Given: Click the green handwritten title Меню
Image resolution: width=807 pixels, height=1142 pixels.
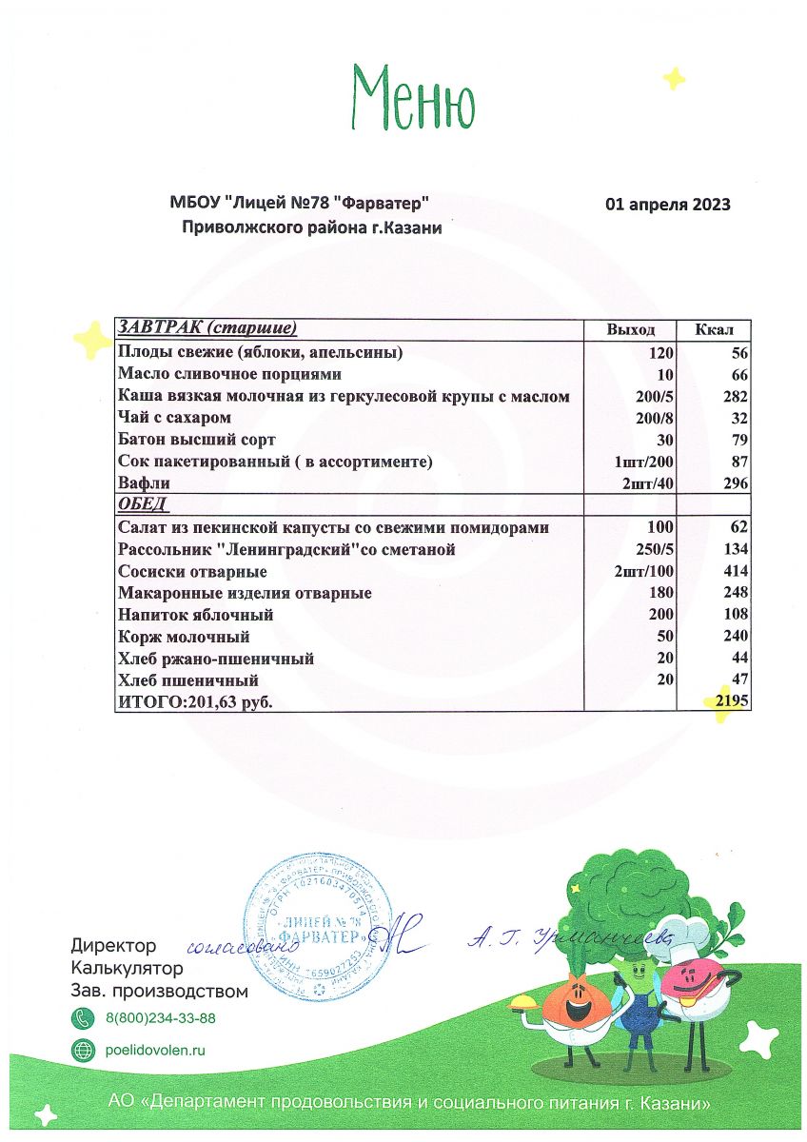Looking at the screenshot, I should pos(413,97).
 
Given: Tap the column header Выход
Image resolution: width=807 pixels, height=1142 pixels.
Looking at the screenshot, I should pos(631,329).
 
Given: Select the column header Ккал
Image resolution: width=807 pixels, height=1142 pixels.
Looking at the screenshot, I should pos(713,329).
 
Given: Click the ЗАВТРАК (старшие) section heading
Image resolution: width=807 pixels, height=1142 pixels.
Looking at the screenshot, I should pos(207,328).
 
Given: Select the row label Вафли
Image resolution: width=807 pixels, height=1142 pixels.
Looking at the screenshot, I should pos(142,483).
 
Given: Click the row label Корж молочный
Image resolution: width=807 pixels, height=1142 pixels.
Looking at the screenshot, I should pos(183,637).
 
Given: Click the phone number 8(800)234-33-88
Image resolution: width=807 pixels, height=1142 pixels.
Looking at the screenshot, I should pos(160,1018).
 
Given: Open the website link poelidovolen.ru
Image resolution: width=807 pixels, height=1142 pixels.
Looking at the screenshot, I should pos(155,1050).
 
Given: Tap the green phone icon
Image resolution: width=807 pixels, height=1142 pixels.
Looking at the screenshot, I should pos(84,1018).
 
